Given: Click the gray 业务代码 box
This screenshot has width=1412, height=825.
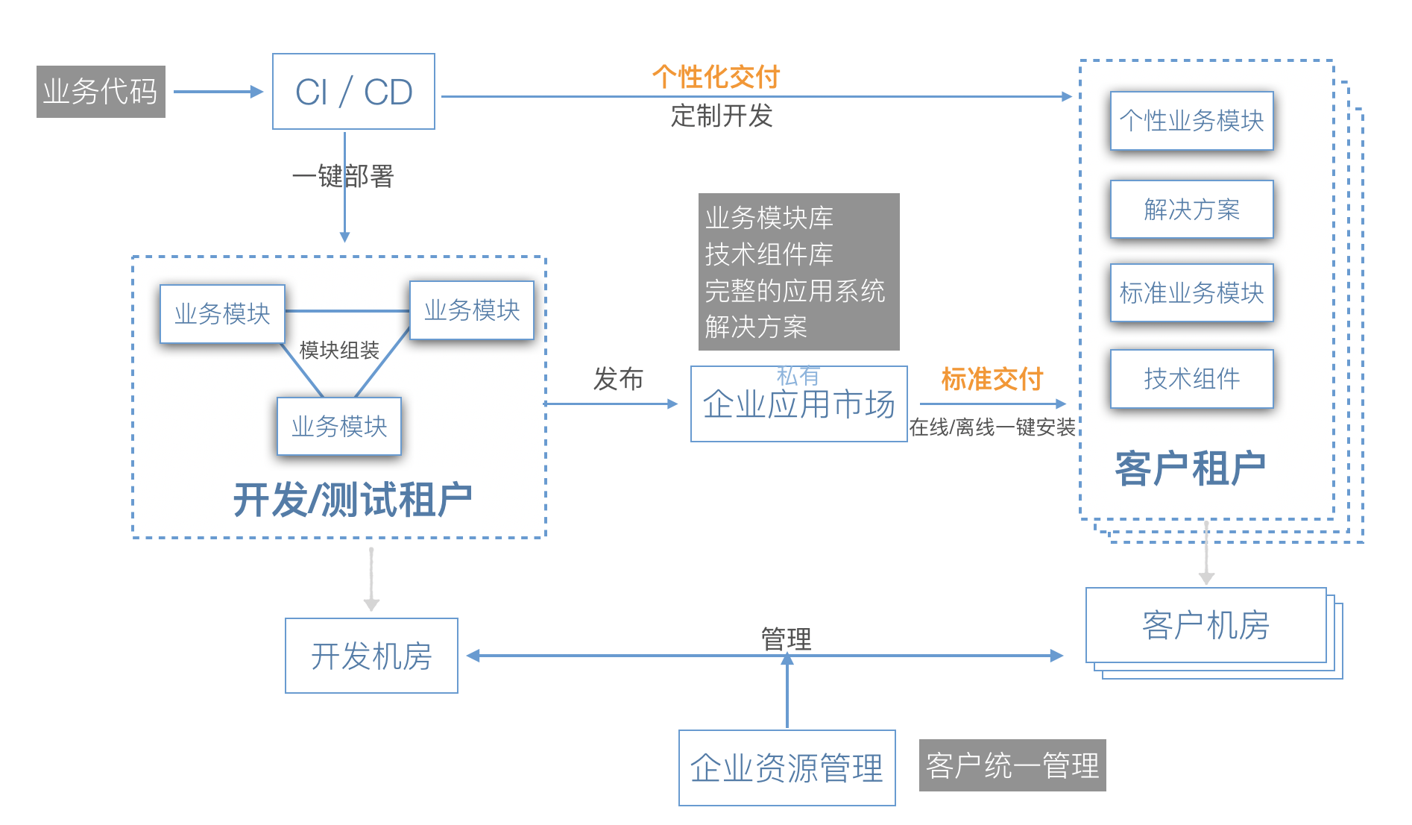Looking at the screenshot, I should tap(101, 92).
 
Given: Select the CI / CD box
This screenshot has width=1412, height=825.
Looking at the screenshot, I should tap(353, 92).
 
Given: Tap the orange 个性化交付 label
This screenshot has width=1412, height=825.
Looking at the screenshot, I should tap(715, 76).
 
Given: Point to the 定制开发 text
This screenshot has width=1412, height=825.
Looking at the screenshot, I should tap(721, 116).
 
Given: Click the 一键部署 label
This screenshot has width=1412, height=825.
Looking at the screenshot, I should tap(343, 177).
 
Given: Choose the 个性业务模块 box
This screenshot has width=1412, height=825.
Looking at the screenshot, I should tap(1191, 121).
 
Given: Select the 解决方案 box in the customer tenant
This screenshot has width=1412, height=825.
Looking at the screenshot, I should tap(1191, 210).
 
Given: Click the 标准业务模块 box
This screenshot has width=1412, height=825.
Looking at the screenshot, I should tap(1191, 293).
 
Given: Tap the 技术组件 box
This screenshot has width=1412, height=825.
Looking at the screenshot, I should tap(1191, 379).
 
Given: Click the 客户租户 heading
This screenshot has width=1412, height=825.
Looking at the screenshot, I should tap(1190, 469).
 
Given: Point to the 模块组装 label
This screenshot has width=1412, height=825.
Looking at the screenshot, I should tap(338, 350).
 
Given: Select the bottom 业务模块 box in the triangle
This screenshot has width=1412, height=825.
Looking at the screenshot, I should tap(338, 427).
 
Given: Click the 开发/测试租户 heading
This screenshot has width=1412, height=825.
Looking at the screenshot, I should tap(353, 500).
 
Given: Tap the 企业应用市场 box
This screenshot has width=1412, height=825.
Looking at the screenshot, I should tap(798, 404).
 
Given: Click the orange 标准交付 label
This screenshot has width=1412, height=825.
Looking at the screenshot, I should tap(992, 379).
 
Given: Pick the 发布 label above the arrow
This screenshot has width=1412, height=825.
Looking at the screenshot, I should tap(618, 379).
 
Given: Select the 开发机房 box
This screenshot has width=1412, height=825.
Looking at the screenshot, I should tap(371, 656).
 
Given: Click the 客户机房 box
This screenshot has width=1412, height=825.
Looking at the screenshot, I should tap(1205, 625).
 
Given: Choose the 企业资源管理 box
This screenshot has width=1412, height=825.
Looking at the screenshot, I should tap(787, 768).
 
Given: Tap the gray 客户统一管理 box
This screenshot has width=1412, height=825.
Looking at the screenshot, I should tap(1012, 765).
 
